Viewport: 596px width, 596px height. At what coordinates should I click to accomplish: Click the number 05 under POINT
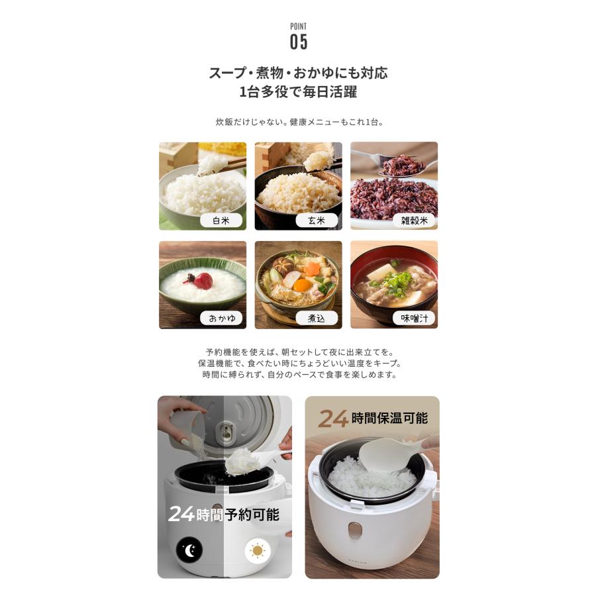coord(299,42)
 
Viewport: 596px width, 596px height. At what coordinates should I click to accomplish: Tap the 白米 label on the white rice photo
coord(221,221)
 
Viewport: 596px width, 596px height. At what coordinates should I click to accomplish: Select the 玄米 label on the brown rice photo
coord(317,221)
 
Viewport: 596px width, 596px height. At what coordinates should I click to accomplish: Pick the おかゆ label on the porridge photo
coord(221,319)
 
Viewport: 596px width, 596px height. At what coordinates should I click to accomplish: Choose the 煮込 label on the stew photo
coord(317,319)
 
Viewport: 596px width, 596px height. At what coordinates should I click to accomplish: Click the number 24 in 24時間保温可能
coord(333,418)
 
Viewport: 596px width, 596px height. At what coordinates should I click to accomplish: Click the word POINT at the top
coord(299,26)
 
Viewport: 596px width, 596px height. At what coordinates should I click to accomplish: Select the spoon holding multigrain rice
coord(397,164)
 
